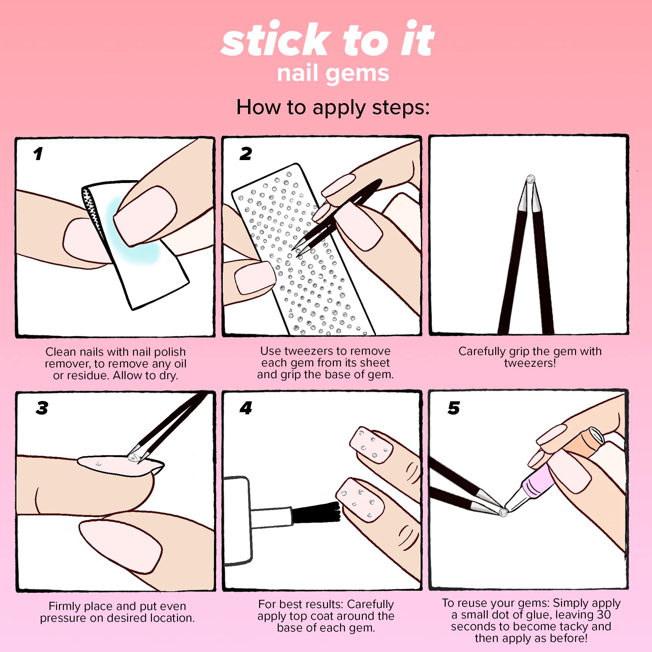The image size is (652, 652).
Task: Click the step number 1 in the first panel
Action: click(38, 154)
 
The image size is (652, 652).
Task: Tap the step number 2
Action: click(246, 154)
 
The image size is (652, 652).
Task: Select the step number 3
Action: click(42, 408)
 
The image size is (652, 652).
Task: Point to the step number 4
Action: click(246, 408)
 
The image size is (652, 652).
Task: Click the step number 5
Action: click(453, 408)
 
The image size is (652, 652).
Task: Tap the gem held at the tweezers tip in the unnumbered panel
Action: click(530, 179)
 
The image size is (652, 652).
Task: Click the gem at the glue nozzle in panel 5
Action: click(503, 512)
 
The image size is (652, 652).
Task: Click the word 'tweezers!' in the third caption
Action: click(530, 363)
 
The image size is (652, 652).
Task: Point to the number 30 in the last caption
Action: click(604, 615)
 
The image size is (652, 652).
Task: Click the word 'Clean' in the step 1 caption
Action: click(61, 352)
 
